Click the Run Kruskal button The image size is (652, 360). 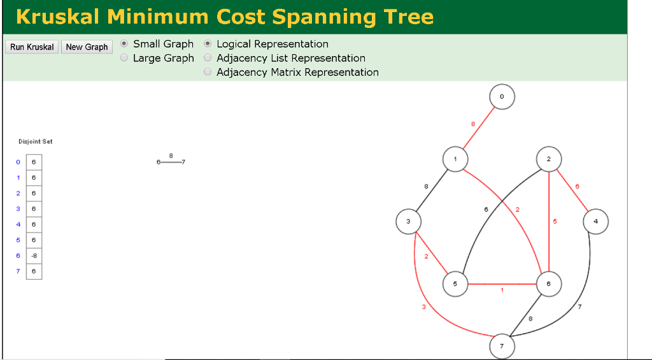[32, 47]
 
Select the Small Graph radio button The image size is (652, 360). [125, 44]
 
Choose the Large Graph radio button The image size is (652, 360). [125, 58]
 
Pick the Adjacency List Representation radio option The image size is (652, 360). [208, 58]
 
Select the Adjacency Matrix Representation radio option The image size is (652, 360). [208, 72]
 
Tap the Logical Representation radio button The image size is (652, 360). [208, 44]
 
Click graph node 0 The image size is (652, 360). [502, 97]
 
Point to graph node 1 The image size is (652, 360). [455, 159]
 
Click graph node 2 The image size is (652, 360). [549, 159]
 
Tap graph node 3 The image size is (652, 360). [408, 221]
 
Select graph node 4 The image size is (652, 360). [595, 221]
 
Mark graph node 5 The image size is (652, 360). [455, 284]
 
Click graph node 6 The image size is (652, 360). [549, 284]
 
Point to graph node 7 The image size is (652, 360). [502, 346]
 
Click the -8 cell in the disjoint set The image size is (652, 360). [34, 256]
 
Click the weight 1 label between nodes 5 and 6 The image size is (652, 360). [502, 291]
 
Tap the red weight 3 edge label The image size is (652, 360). [424, 307]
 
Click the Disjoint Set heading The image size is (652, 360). [36, 141]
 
